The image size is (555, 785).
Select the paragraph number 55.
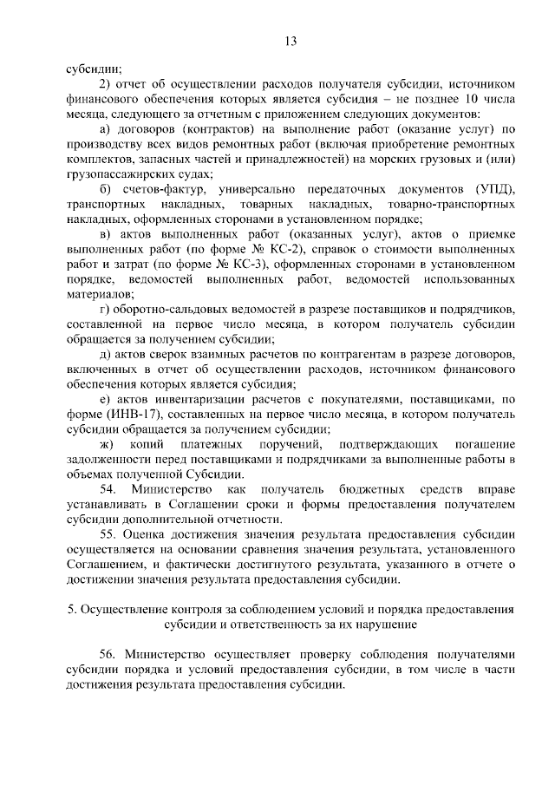110,534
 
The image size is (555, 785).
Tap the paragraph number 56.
110,655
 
